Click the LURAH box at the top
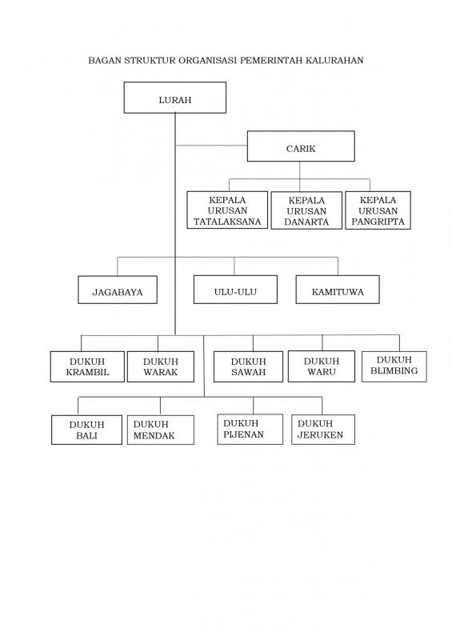(x=174, y=98)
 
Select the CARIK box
(x=301, y=146)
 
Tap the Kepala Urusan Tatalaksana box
(x=227, y=210)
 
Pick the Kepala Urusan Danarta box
(x=306, y=210)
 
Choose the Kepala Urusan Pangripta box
(x=378, y=210)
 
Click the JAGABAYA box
(x=118, y=290)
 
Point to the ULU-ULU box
(x=235, y=290)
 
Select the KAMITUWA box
(x=338, y=290)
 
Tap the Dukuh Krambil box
(x=87, y=366)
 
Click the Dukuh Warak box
(x=161, y=366)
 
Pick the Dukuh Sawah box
(x=248, y=366)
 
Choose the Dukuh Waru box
(x=322, y=366)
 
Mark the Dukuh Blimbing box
(x=394, y=366)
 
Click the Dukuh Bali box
(x=86, y=430)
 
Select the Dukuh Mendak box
(x=161, y=430)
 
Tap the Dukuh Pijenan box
(x=250, y=430)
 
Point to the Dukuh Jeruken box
(x=323, y=430)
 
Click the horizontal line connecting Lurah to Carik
(x=211, y=146)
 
